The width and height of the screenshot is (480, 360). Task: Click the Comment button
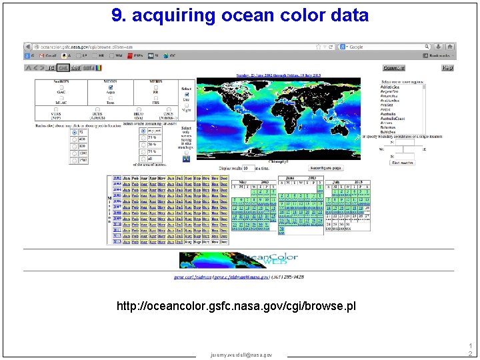click(393, 68)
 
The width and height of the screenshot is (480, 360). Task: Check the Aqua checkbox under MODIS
click(110, 87)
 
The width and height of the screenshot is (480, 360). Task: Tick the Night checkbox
click(187, 105)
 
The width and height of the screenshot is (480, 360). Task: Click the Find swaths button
click(402, 162)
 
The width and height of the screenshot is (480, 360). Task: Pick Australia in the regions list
click(389, 113)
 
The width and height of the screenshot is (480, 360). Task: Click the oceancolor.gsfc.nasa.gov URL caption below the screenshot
click(236, 306)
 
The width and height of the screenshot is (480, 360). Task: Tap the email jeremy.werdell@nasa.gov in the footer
click(241, 355)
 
